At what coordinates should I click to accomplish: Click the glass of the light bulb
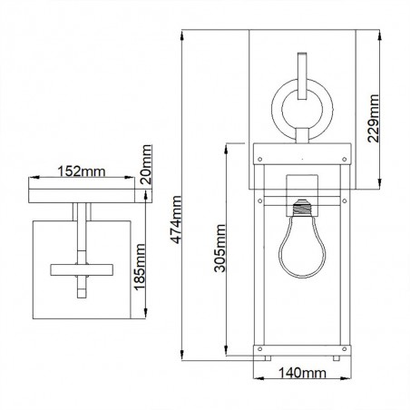[299, 250]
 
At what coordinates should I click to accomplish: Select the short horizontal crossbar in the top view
[83, 269]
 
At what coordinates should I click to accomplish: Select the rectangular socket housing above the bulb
[300, 187]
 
